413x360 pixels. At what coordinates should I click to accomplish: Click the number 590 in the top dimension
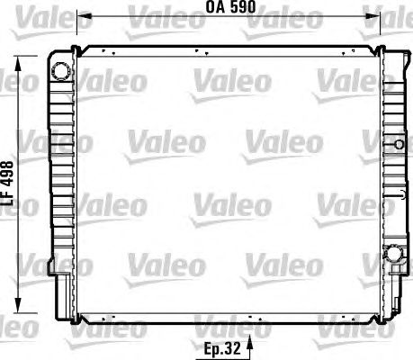[x=242, y=7]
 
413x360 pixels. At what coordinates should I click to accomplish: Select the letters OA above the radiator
[x=215, y=7]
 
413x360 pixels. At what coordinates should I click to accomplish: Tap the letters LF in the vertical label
[x=8, y=199]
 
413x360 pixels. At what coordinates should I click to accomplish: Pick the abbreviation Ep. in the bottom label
[x=214, y=349]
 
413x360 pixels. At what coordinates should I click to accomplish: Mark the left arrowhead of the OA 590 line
[x=84, y=16]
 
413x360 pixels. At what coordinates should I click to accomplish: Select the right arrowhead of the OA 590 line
[x=373, y=16]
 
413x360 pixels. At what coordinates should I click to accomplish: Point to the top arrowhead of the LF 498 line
[x=19, y=63]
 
